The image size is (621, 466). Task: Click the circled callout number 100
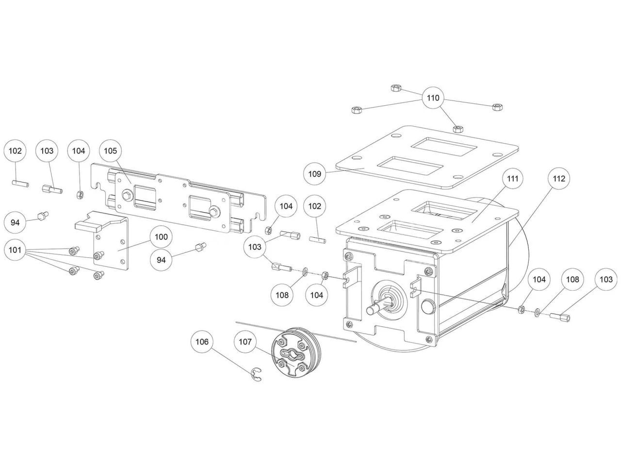[x=161, y=237]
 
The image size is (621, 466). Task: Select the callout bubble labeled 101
[x=15, y=250]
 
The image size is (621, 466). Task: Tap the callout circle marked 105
[x=110, y=151]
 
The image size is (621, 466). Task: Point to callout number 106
[x=202, y=342]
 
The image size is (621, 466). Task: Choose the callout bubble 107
[x=245, y=342]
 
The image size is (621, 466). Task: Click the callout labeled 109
[x=315, y=173]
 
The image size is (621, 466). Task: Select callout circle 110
[x=433, y=98]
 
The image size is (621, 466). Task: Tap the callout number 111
[x=513, y=179]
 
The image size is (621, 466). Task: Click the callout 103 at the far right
[x=606, y=280]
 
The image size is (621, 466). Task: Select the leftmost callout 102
[x=15, y=151]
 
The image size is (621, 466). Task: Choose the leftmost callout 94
[x=15, y=222]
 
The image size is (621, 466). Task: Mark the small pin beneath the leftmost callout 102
[x=20, y=183]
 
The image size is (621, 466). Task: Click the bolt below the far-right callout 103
[x=560, y=317]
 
